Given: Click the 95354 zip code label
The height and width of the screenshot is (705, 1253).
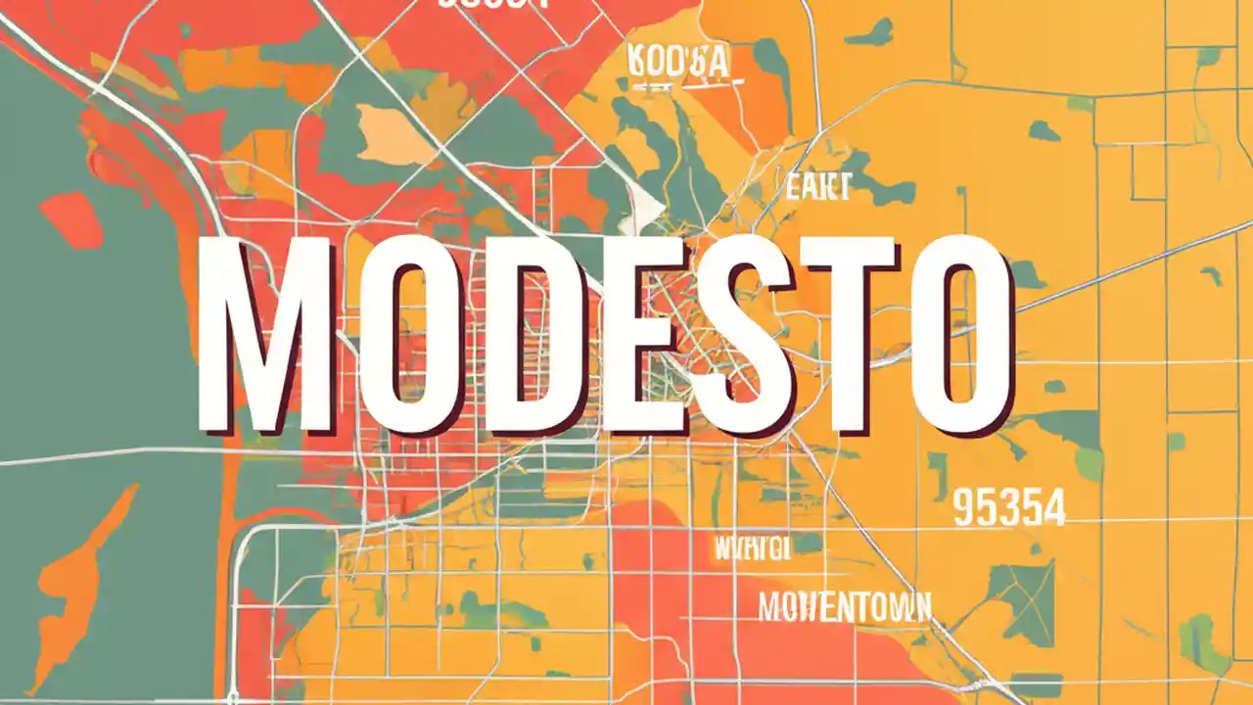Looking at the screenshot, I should [1007, 508].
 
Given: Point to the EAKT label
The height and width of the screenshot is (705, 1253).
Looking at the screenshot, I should [817, 185].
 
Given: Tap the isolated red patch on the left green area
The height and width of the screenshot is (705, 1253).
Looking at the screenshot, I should [71, 219].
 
